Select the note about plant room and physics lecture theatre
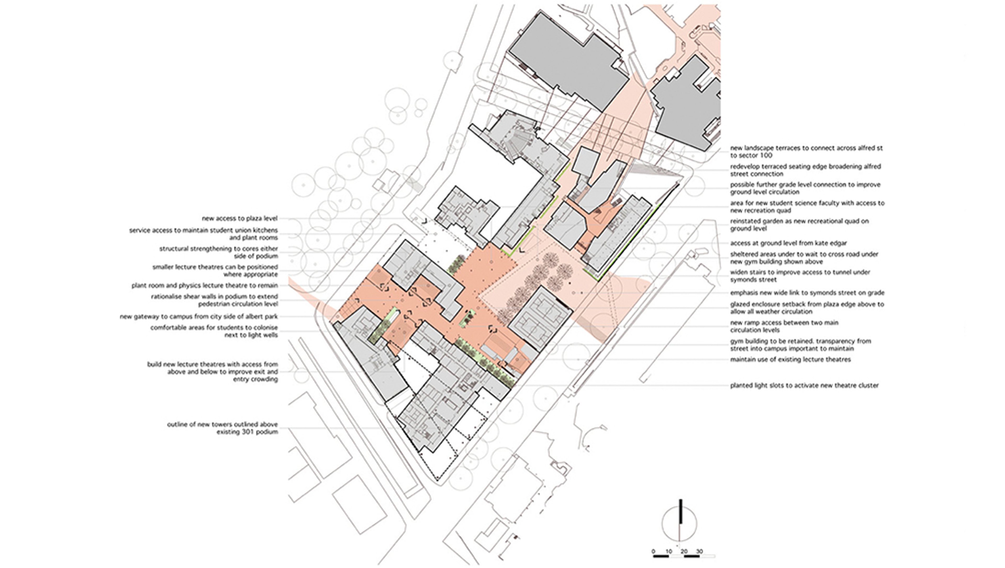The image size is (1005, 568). pos(204,286)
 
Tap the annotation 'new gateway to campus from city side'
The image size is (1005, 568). pos(199,317)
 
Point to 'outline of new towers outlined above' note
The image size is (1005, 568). pos(222,428)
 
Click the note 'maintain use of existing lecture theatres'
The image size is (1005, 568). pos(790,359)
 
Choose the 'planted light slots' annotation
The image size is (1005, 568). pos(804,385)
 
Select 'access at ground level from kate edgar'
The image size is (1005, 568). pos(788,243)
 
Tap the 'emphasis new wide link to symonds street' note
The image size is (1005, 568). pos(807,293)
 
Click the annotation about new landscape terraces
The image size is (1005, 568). pos(806,152)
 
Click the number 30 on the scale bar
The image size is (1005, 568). pos(699,552)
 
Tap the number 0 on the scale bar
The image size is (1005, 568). pos(653,552)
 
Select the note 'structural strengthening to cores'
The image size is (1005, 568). pos(219,252)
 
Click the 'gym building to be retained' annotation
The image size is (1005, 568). pos(801,345)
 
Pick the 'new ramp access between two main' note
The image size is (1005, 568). pos(784,326)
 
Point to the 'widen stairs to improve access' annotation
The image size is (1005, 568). pos(800,276)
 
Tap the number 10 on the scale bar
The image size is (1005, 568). pos(669,552)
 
